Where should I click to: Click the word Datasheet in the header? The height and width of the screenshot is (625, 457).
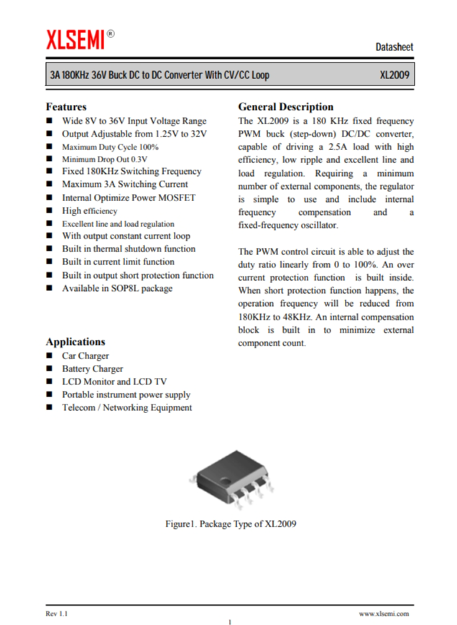point(394,47)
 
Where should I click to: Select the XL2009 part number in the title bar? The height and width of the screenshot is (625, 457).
point(395,75)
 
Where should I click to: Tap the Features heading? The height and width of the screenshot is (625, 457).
point(66,106)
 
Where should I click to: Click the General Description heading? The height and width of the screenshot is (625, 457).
point(285,106)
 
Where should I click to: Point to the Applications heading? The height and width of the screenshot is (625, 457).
point(75,341)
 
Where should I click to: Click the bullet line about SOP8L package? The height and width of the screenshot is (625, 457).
point(117,288)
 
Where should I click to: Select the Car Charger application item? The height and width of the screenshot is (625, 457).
point(86,356)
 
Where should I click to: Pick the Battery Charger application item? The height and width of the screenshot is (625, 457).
point(92,369)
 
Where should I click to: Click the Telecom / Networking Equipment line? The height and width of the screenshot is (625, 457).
point(126,407)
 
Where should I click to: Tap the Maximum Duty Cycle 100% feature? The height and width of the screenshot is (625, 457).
point(110,147)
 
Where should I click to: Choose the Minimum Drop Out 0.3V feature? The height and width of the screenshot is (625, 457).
point(104,159)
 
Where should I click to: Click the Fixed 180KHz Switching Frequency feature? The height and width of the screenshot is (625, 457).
point(131,172)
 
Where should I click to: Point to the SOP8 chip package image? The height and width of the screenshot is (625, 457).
point(229,482)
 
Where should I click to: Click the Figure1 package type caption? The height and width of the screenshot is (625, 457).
point(231,524)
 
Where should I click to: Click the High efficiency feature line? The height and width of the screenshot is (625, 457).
point(89,210)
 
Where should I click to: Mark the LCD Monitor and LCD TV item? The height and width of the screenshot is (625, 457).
point(114,381)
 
